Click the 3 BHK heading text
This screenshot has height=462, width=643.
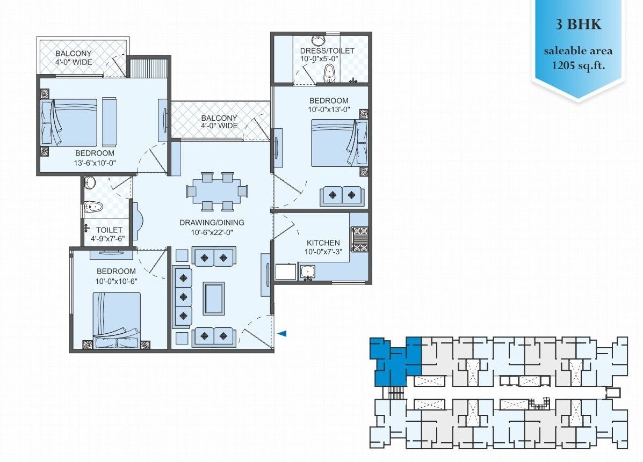point(578,25)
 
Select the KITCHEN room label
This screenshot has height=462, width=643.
point(323,243)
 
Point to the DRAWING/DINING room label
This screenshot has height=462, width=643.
point(212,222)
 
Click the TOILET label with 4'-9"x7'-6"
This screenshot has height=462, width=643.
point(109,230)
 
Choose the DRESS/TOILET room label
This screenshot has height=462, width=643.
point(327,50)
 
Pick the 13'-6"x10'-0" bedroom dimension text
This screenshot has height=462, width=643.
point(95,163)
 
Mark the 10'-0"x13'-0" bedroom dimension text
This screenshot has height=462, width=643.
point(329,110)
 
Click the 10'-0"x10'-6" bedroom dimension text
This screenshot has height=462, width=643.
point(116,281)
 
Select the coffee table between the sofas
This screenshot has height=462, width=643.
point(213,298)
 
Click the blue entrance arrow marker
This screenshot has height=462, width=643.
point(282,334)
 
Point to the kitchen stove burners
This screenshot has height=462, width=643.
point(359,239)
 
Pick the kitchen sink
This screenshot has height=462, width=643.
point(308,272)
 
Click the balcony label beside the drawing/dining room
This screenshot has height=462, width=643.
point(219,122)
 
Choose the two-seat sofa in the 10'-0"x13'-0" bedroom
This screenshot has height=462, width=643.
point(342,195)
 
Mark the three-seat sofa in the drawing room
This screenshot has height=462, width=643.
point(183,296)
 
